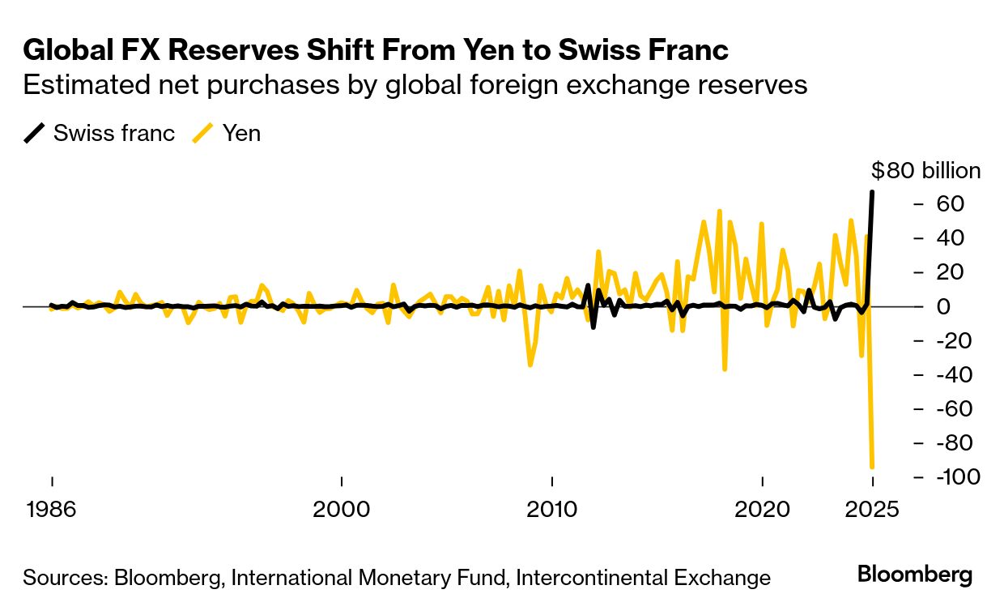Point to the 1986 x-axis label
(52, 510)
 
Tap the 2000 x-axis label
(342, 510)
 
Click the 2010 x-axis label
(552, 510)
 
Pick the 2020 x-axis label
(762, 510)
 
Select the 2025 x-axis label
(873, 510)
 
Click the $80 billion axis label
(925, 171)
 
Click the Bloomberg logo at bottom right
(914, 575)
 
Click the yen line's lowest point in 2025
(872, 467)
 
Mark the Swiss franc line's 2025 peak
(872, 192)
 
